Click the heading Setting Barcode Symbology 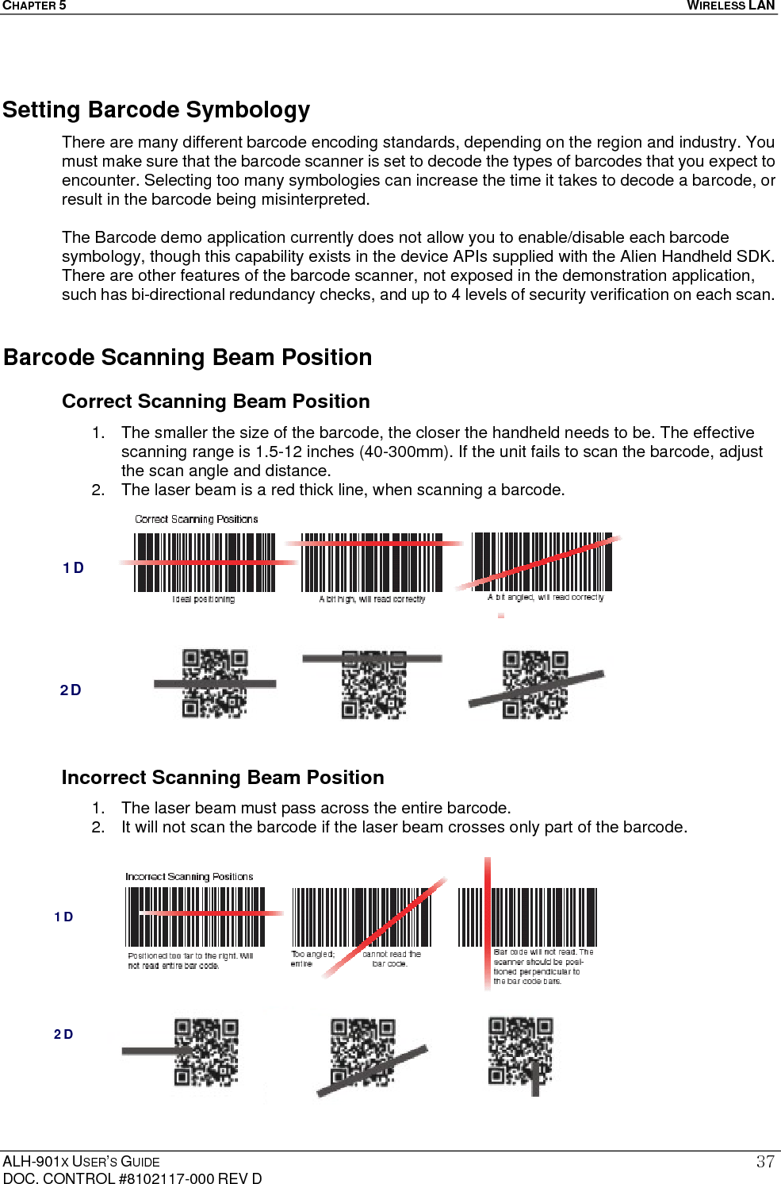pos(156,110)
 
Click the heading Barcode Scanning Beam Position pos(188,357)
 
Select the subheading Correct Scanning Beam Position pos(216,402)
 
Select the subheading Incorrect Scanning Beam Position pos(223,778)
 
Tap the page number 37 pos(764,1162)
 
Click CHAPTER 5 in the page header pos(34,6)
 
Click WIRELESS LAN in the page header pos(730,6)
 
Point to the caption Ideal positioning pos(204,599)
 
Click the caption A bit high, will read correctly pos(372,599)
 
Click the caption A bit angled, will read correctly pos(546,598)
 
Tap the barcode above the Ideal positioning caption pos(205,562)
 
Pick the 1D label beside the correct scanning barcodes pos(73,568)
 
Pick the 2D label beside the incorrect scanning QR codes pos(63,1034)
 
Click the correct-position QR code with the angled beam pos(535,685)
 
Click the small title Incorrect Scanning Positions pos(189,877)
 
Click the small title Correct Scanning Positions pos(196,519)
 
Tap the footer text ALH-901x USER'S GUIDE pos(81,1162)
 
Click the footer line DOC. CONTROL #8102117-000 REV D pos(132,1178)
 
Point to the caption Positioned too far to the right pos(190,961)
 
